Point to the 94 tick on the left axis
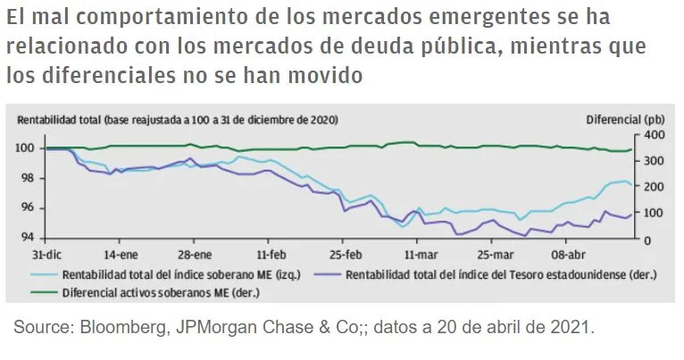tap(27, 238)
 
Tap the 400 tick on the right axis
tap(654, 135)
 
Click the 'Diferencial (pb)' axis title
tap(625, 119)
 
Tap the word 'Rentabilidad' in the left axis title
tap(44, 119)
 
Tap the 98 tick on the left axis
tap(27, 178)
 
